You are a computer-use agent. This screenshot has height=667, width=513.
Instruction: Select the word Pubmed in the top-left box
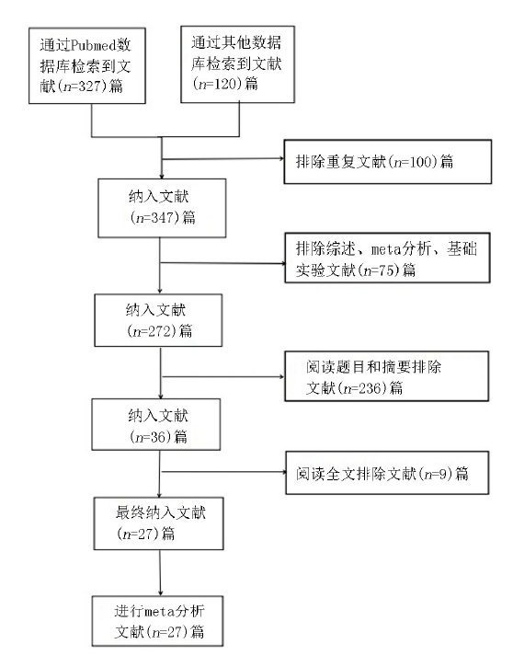click(93, 45)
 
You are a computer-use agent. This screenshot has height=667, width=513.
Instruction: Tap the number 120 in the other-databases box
click(225, 84)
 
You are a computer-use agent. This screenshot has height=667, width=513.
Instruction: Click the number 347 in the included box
click(163, 218)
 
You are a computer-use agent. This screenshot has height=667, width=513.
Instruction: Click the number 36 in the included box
click(156, 437)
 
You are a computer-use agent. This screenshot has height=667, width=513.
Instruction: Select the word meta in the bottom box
click(158, 612)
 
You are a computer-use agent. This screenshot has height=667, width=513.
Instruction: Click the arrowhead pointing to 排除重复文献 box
click(281, 158)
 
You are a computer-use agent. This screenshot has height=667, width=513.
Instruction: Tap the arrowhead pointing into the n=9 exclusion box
click(283, 471)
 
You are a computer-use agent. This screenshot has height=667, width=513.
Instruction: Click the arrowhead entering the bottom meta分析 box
click(161, 593)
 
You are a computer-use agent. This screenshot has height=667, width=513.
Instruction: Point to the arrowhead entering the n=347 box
click(162, 176)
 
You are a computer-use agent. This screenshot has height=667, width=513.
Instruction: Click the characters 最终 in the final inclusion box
click(130, 512)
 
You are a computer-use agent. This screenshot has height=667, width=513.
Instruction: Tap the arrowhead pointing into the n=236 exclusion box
click(281, 376)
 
